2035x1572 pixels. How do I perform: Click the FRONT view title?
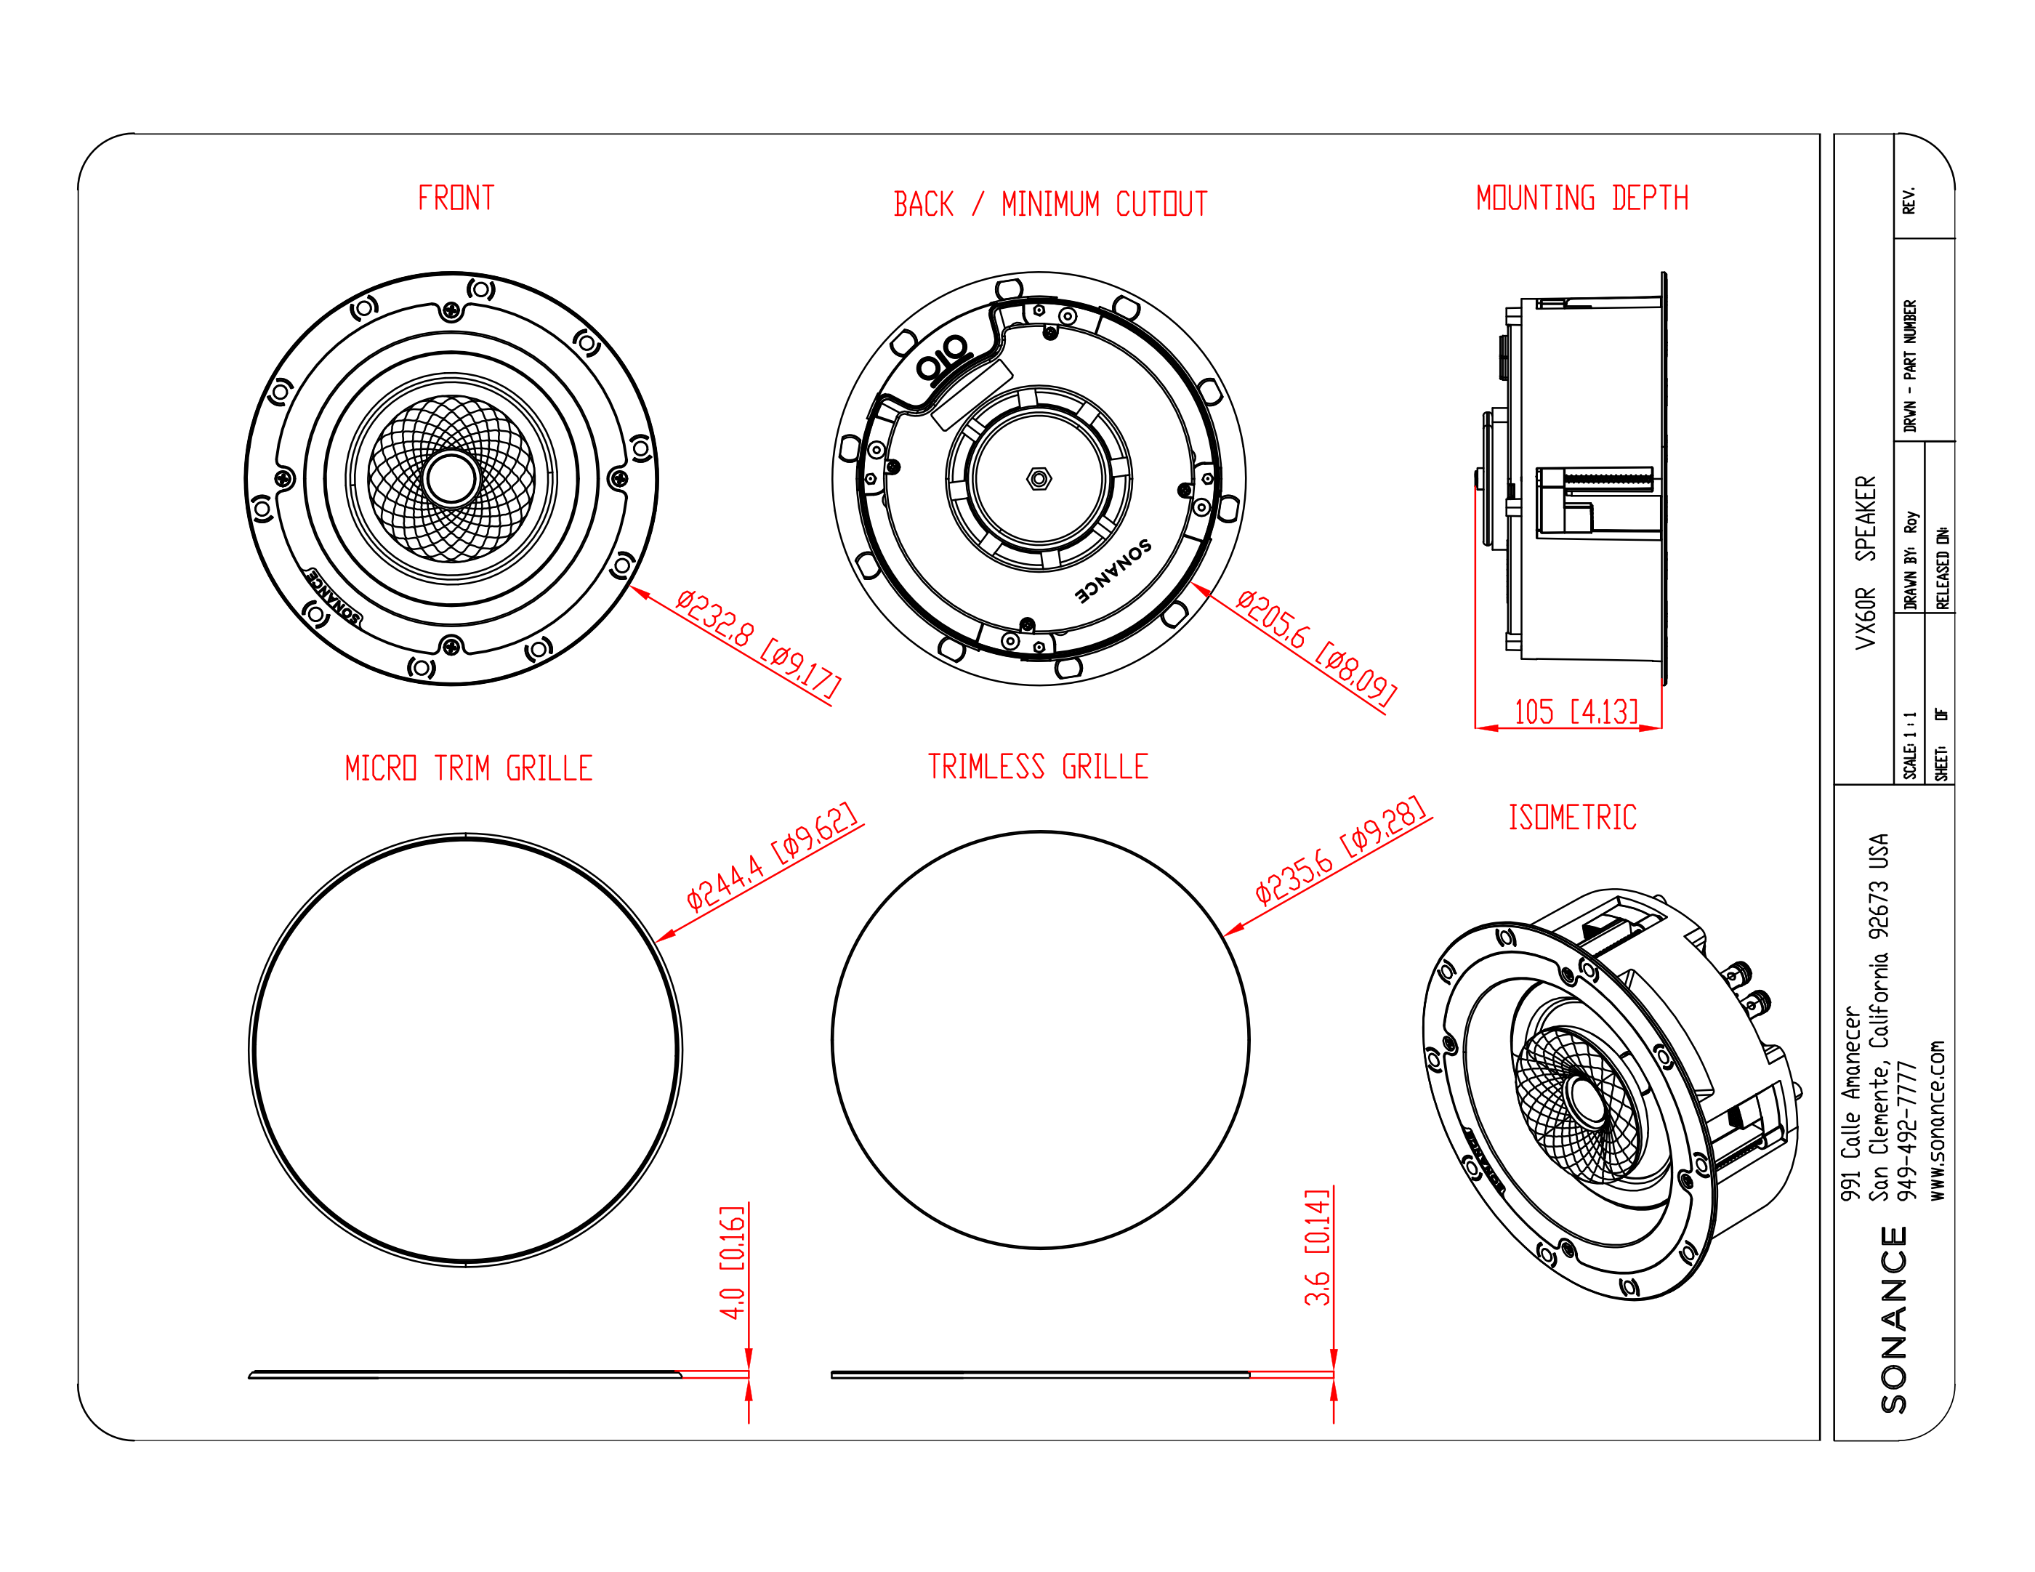pos(456,198)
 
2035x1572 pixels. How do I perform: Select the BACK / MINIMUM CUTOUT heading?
pos(1050,204)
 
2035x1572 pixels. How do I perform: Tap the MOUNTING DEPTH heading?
pos(1581,198)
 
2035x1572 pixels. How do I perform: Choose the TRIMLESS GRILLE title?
pos(1038,766)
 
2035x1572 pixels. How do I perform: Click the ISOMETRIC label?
pos(1572,817)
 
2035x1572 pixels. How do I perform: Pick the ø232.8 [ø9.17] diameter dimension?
pos(757,643)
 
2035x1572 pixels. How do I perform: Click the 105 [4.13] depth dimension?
pos(1576,712)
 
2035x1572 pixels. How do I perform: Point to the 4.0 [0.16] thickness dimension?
pos(733,1262)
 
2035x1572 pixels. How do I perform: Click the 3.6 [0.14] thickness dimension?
pos(1317,1248)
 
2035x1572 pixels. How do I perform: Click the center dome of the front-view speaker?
pos(451,478)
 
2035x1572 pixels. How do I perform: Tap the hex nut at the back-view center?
pos(1039,479)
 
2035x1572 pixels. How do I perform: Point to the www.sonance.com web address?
pos(1937,1119)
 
